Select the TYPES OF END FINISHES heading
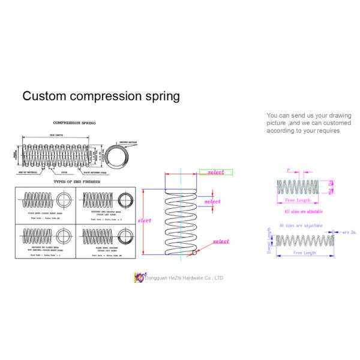coord(77,181)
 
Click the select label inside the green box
coord(215,172)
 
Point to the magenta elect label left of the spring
coord(145,221)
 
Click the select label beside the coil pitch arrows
coord(212,202)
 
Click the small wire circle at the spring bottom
coord(193,253)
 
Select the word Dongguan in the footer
coord(157,278)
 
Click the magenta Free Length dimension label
coord(298,200)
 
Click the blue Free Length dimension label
coord(305,254)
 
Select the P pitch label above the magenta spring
coord(289,172)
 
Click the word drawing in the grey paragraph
coord(338,115)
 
